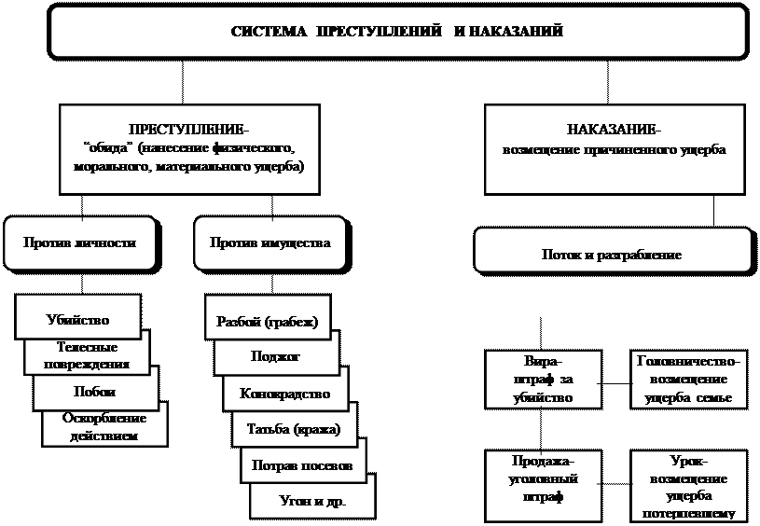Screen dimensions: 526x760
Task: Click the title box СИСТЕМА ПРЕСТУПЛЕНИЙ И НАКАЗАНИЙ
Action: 397,32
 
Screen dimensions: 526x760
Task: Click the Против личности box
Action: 80,242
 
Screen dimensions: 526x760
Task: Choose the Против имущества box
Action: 269,242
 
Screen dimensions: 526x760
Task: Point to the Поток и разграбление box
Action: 612,254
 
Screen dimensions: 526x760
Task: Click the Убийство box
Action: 78,318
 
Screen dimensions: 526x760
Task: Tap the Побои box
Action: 94,392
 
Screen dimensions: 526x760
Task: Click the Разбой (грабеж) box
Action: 267,323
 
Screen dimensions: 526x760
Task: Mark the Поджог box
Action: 276,357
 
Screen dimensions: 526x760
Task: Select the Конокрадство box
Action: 284,394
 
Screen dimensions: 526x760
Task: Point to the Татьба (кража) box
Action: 294,429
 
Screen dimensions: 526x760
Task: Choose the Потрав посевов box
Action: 302,464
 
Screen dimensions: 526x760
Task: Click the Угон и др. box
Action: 311,501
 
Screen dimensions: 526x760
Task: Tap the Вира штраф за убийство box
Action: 542,379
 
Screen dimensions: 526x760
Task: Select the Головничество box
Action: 688,379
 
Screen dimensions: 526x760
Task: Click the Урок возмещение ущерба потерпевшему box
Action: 688,486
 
